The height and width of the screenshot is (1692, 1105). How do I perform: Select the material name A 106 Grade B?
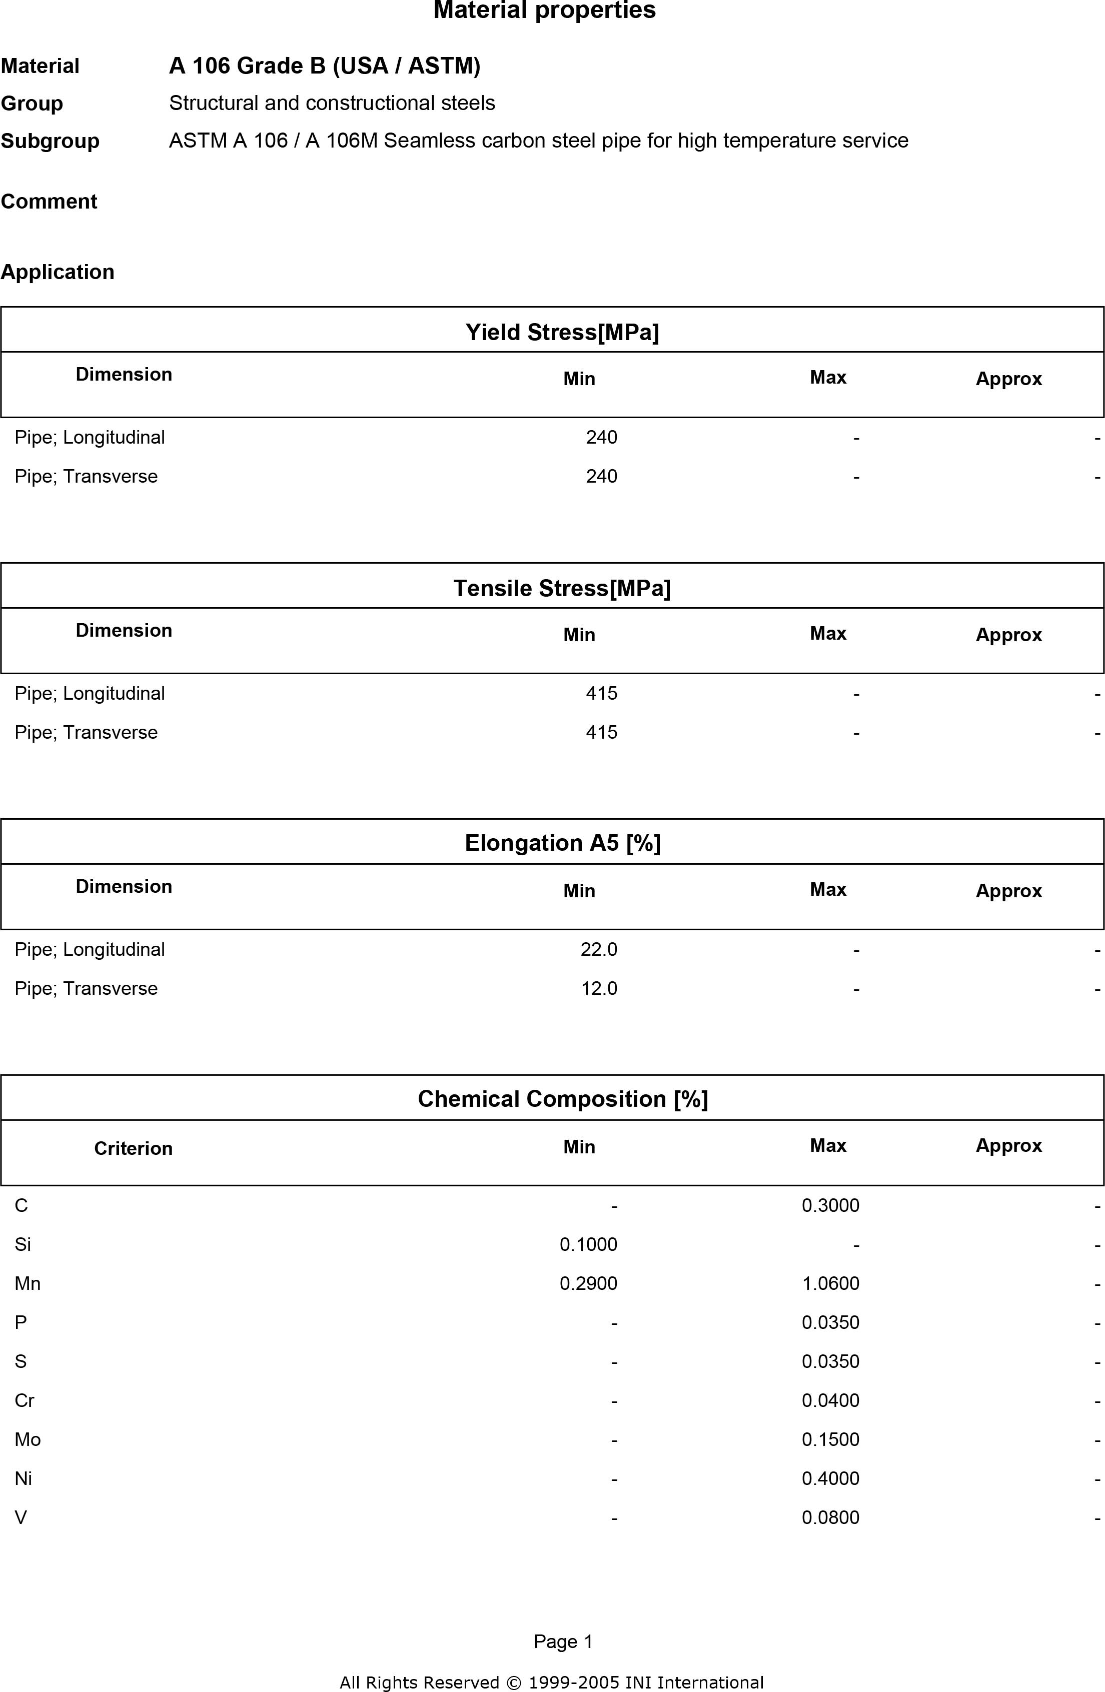pos(324,66)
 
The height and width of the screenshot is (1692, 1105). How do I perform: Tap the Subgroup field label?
pos(50,141)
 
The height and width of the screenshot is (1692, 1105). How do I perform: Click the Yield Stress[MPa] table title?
pos(562,332)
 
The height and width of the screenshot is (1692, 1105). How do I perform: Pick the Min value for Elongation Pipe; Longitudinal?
pos(599,949)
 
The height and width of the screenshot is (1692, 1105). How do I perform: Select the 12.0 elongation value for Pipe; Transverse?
pos(599,988)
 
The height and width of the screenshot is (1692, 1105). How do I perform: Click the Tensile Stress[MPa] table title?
pos(562,588)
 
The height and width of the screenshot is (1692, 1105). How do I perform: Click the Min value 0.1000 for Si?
pos(588,1244)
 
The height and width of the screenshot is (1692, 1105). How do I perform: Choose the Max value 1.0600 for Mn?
pos(830,1283)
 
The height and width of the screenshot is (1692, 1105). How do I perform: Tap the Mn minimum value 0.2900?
pos(588,1283)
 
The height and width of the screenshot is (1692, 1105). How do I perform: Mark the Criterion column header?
pos(133,1148)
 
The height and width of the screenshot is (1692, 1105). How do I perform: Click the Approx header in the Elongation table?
pos(1008,891)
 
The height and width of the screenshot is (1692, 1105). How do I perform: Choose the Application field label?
pos(58,272)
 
